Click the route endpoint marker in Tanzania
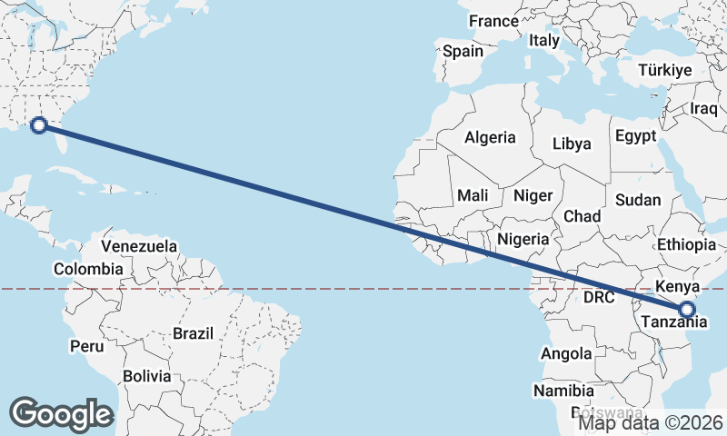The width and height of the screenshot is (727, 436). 686,310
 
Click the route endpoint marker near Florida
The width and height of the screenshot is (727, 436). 39,125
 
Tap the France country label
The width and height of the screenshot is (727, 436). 493,21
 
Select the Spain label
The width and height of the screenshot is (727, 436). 463,52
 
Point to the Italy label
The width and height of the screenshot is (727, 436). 543,41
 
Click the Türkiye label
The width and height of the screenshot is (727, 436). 664,70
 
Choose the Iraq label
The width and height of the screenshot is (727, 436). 703,108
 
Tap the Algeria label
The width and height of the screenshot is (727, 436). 490,138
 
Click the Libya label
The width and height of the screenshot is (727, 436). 572,144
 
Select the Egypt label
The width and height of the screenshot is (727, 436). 635,136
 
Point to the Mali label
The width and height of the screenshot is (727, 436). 473,195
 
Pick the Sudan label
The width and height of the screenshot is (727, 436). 638,200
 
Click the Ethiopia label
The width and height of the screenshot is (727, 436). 686,245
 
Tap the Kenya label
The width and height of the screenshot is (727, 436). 675,286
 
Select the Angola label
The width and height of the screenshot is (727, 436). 566,353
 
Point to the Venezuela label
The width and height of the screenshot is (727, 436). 139,246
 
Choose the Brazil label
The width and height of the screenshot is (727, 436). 192,333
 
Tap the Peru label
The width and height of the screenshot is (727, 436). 86,346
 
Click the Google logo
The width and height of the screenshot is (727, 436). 61,414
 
